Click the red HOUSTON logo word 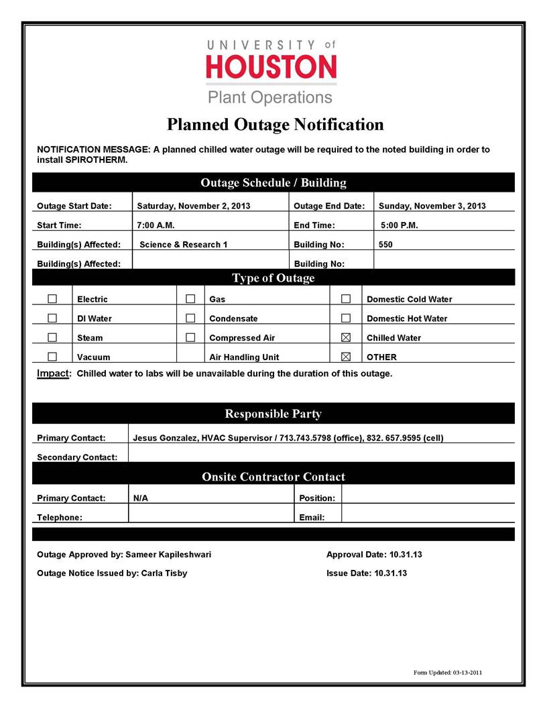click(271, 67)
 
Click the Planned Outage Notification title click(275, 125)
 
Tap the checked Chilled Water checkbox click(346, 337)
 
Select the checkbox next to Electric click(52, 298)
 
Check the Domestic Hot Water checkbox click(346, 318)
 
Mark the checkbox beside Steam click(52, 337)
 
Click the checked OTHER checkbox click(346, 357)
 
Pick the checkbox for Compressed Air click(190, 337)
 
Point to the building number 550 click(385, 245)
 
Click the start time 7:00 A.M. click(156, 225)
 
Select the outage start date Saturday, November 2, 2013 click(193, 206)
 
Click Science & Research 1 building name click(183, 245)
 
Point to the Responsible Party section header click(273, 414)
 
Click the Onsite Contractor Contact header click(273, 477)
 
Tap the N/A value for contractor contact click(141, 498)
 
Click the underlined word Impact click(53, 373)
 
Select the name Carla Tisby click(164, 573)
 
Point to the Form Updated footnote click(448, 672)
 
